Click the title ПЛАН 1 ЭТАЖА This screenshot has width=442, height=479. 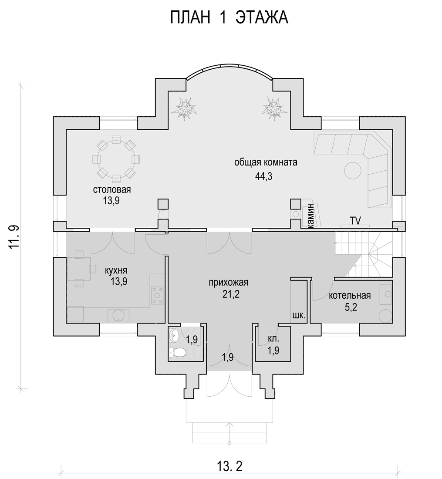[229, 18]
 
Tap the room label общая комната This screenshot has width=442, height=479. [266, 162]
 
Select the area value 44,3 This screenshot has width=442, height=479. [263, 176]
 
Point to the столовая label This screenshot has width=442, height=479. [112, 190]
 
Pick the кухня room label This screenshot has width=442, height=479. [116, 270]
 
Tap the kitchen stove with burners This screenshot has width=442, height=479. [158, 295]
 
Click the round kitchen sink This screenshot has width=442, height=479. [118, 315]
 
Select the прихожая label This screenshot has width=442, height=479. [228, 282]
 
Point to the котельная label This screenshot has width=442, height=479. [350, 295]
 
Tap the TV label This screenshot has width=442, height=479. [355, 220]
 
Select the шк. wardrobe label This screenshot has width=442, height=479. [299, 315]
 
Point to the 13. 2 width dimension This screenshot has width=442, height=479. [229, 466]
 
